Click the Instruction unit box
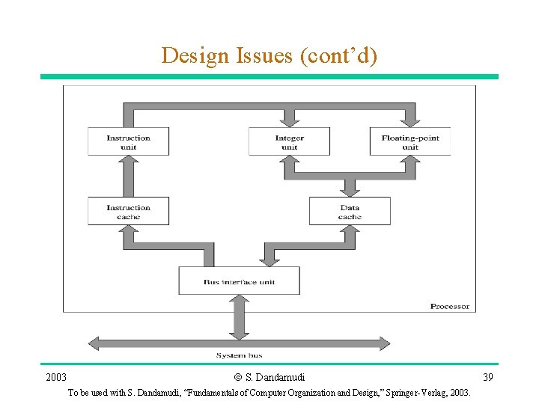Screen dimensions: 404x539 click(x=128, y=141)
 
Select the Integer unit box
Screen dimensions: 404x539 click(x=289, y=141)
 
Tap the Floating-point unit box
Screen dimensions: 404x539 click(x=409, y=141)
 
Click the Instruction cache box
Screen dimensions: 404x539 click(x=128, y=211)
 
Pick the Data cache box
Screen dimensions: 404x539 click(x=350, y=211)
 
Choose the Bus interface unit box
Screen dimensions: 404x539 click(x=239, y=281)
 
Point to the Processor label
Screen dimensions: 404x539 click(x=449, y=306)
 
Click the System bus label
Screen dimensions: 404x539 click(x=239, y=355)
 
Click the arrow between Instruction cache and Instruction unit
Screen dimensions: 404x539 click(x=128, y=176)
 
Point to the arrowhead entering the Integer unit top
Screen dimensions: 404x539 click(x=289, y=121)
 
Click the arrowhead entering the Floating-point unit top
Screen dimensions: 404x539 click(x=409, y=121)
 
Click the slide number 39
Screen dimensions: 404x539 click(x=487, y=376)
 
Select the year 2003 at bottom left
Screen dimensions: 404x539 click(x=56, y=376)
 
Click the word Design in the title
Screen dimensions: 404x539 click(x=188, y=55)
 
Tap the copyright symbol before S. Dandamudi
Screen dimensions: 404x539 click(x=237, y=377)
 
